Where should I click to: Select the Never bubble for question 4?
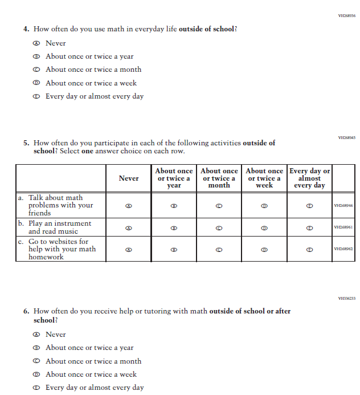coord(36,43)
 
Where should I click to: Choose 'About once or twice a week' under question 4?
coord(36,83)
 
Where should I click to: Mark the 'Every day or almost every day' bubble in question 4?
coord(36,96)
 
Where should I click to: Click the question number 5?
coord(26,143)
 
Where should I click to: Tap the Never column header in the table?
coord(129,178)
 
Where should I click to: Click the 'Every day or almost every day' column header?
coord(309,178)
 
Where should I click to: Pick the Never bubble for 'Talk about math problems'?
coord(129,206)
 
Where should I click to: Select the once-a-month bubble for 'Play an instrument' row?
coord(219,227)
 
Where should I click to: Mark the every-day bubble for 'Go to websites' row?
coord(309,249)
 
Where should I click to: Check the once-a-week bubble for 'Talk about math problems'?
coord(264,206)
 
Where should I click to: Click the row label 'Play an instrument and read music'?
coord(60,227)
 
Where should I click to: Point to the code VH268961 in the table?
coord(343,227)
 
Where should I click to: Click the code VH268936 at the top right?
coord(346,16)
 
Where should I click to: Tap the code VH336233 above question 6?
coord(346,298)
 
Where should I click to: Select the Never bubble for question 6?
coord(36,335)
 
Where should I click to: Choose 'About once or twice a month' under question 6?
coord(36,361)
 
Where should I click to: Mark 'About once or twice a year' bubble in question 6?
coord(36,348)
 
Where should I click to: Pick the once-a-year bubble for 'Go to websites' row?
coord(174,249)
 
